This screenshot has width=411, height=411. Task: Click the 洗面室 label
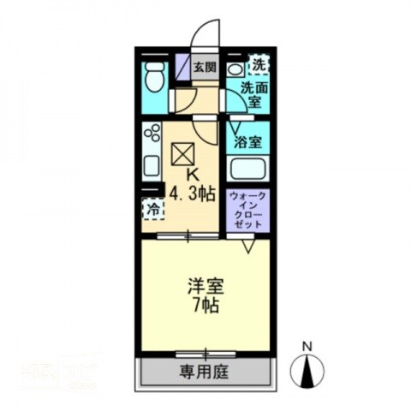point(253,93)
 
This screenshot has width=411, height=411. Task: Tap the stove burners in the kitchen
point(152,134)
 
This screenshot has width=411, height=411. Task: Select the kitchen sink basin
point(152,166)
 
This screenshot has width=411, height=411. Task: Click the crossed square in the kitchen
point(183,155)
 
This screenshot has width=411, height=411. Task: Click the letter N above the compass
point(306,346)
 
